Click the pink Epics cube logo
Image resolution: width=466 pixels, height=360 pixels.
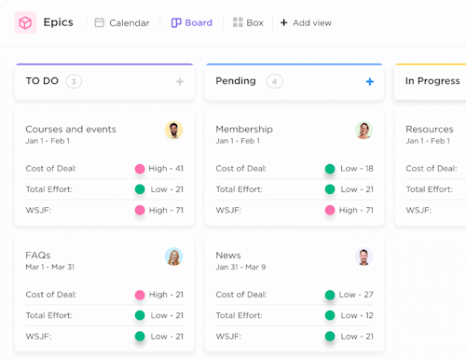coord(25,22)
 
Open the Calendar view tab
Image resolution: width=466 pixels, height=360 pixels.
coord(121,22)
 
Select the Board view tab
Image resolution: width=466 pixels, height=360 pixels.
coord(191,22)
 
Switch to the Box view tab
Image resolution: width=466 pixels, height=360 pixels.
coord(247,22)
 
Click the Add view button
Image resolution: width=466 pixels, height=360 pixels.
coord(305,22)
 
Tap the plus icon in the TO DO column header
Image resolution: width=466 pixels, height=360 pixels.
coord(180,82)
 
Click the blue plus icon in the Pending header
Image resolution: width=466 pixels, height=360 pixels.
coord(369,82)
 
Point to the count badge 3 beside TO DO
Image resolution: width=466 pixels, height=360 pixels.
coord(74,81)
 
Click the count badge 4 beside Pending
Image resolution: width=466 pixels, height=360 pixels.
coord(274,81)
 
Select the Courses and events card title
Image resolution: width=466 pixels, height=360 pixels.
coord(71,129)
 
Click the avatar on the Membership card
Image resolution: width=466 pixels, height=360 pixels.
coord(363,131)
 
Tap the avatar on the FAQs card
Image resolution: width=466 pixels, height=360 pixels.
coord(173,256)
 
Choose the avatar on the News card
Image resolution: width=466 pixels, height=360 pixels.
coord(363,256)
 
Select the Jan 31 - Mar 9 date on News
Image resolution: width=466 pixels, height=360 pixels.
coord(240,267)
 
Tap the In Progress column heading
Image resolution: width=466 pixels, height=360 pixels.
coord(432,81)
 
